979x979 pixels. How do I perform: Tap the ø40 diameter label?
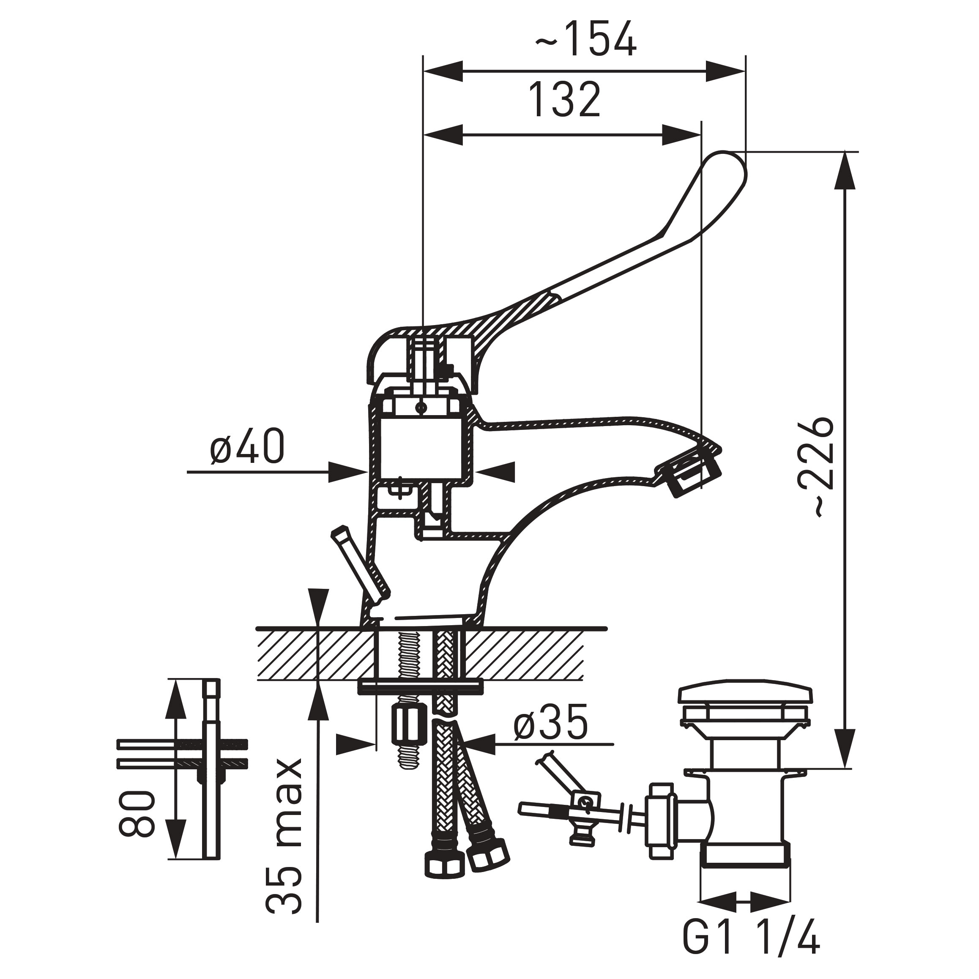click(x=247, y=446)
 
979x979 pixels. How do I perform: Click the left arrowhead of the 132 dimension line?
click(x=443, y=135)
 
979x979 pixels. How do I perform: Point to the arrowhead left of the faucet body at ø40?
click(x=349, y=472)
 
